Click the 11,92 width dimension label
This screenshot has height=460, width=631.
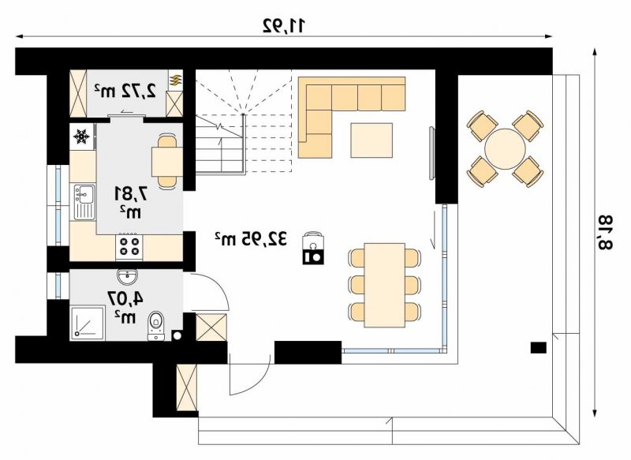point(284,26)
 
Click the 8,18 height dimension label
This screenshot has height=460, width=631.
point(605,232)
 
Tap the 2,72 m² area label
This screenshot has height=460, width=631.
point(125,91)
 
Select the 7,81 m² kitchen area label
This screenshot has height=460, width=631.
point(129,202)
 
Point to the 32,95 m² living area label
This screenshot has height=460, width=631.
point(251,238)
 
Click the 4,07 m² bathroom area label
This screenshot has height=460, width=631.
point(125,307)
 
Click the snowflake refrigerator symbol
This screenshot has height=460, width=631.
point(82,137)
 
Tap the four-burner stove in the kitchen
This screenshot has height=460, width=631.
point(129,247)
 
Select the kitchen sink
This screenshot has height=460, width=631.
point(84,202)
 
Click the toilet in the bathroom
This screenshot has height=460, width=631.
point(155,325)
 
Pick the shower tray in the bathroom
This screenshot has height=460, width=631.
point(88,323)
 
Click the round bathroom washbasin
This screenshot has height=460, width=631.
point(128,276)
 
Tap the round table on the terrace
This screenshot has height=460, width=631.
point(505,148)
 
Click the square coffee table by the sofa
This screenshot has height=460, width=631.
point(372,140)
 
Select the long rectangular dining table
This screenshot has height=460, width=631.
point(384,285)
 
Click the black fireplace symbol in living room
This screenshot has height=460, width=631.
point(313,249)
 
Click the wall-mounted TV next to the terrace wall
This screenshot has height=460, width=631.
point(431,153)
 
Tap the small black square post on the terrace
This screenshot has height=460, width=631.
point(538,348)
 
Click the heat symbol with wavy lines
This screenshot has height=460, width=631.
point(175,81)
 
